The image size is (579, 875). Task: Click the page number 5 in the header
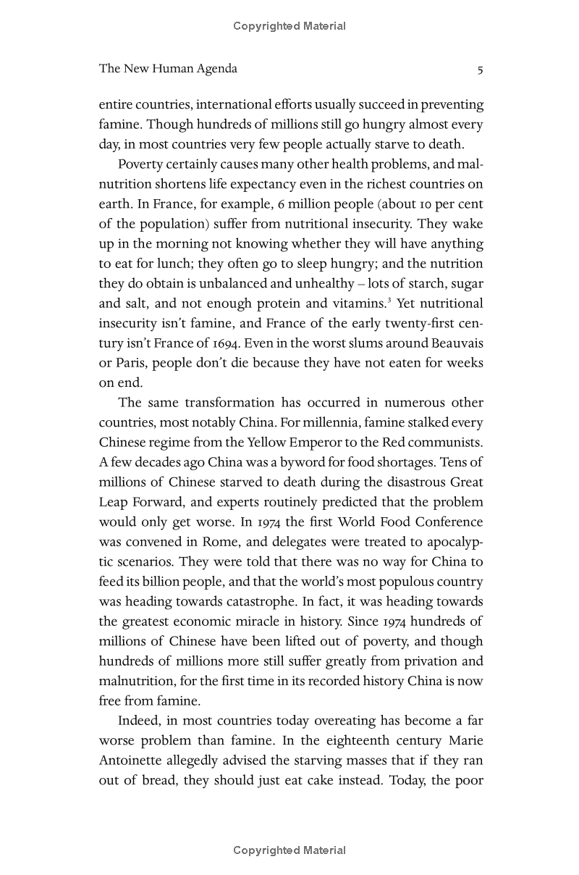pyautogui.click(x=480, y=70)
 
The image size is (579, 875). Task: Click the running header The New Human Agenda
pyautogui.click(x=168, y=69)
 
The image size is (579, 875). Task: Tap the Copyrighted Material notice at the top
pyautogui.click(x=289, y=26)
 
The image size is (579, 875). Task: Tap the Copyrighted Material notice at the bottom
pyautogui.click(x=289, y=850)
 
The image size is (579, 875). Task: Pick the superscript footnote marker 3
pyautogui.click(x=389, y=298)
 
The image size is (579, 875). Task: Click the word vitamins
pyautogui.click(x=360, y=303)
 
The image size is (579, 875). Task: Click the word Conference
pyautogui.click(x=449, y=522)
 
